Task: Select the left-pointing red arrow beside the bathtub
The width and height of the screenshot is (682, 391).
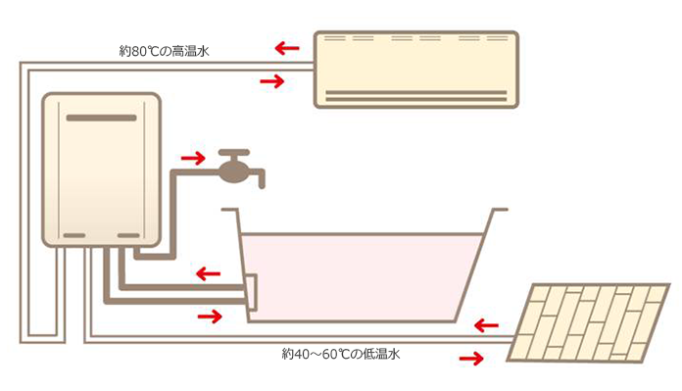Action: tap(207, 272)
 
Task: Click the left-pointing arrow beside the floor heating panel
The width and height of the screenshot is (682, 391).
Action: tap(484, 323)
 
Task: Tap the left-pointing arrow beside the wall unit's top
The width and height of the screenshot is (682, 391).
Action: tap(286, 46)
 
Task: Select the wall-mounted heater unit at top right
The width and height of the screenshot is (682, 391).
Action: tap(415, 68)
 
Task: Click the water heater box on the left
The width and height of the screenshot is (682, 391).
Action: tap(100, 170)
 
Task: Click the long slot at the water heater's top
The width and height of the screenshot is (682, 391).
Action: tap(100, 117)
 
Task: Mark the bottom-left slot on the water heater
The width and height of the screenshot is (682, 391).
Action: tap(74, 235)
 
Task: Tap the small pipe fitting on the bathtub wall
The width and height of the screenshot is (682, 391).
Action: tap(249, 290)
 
